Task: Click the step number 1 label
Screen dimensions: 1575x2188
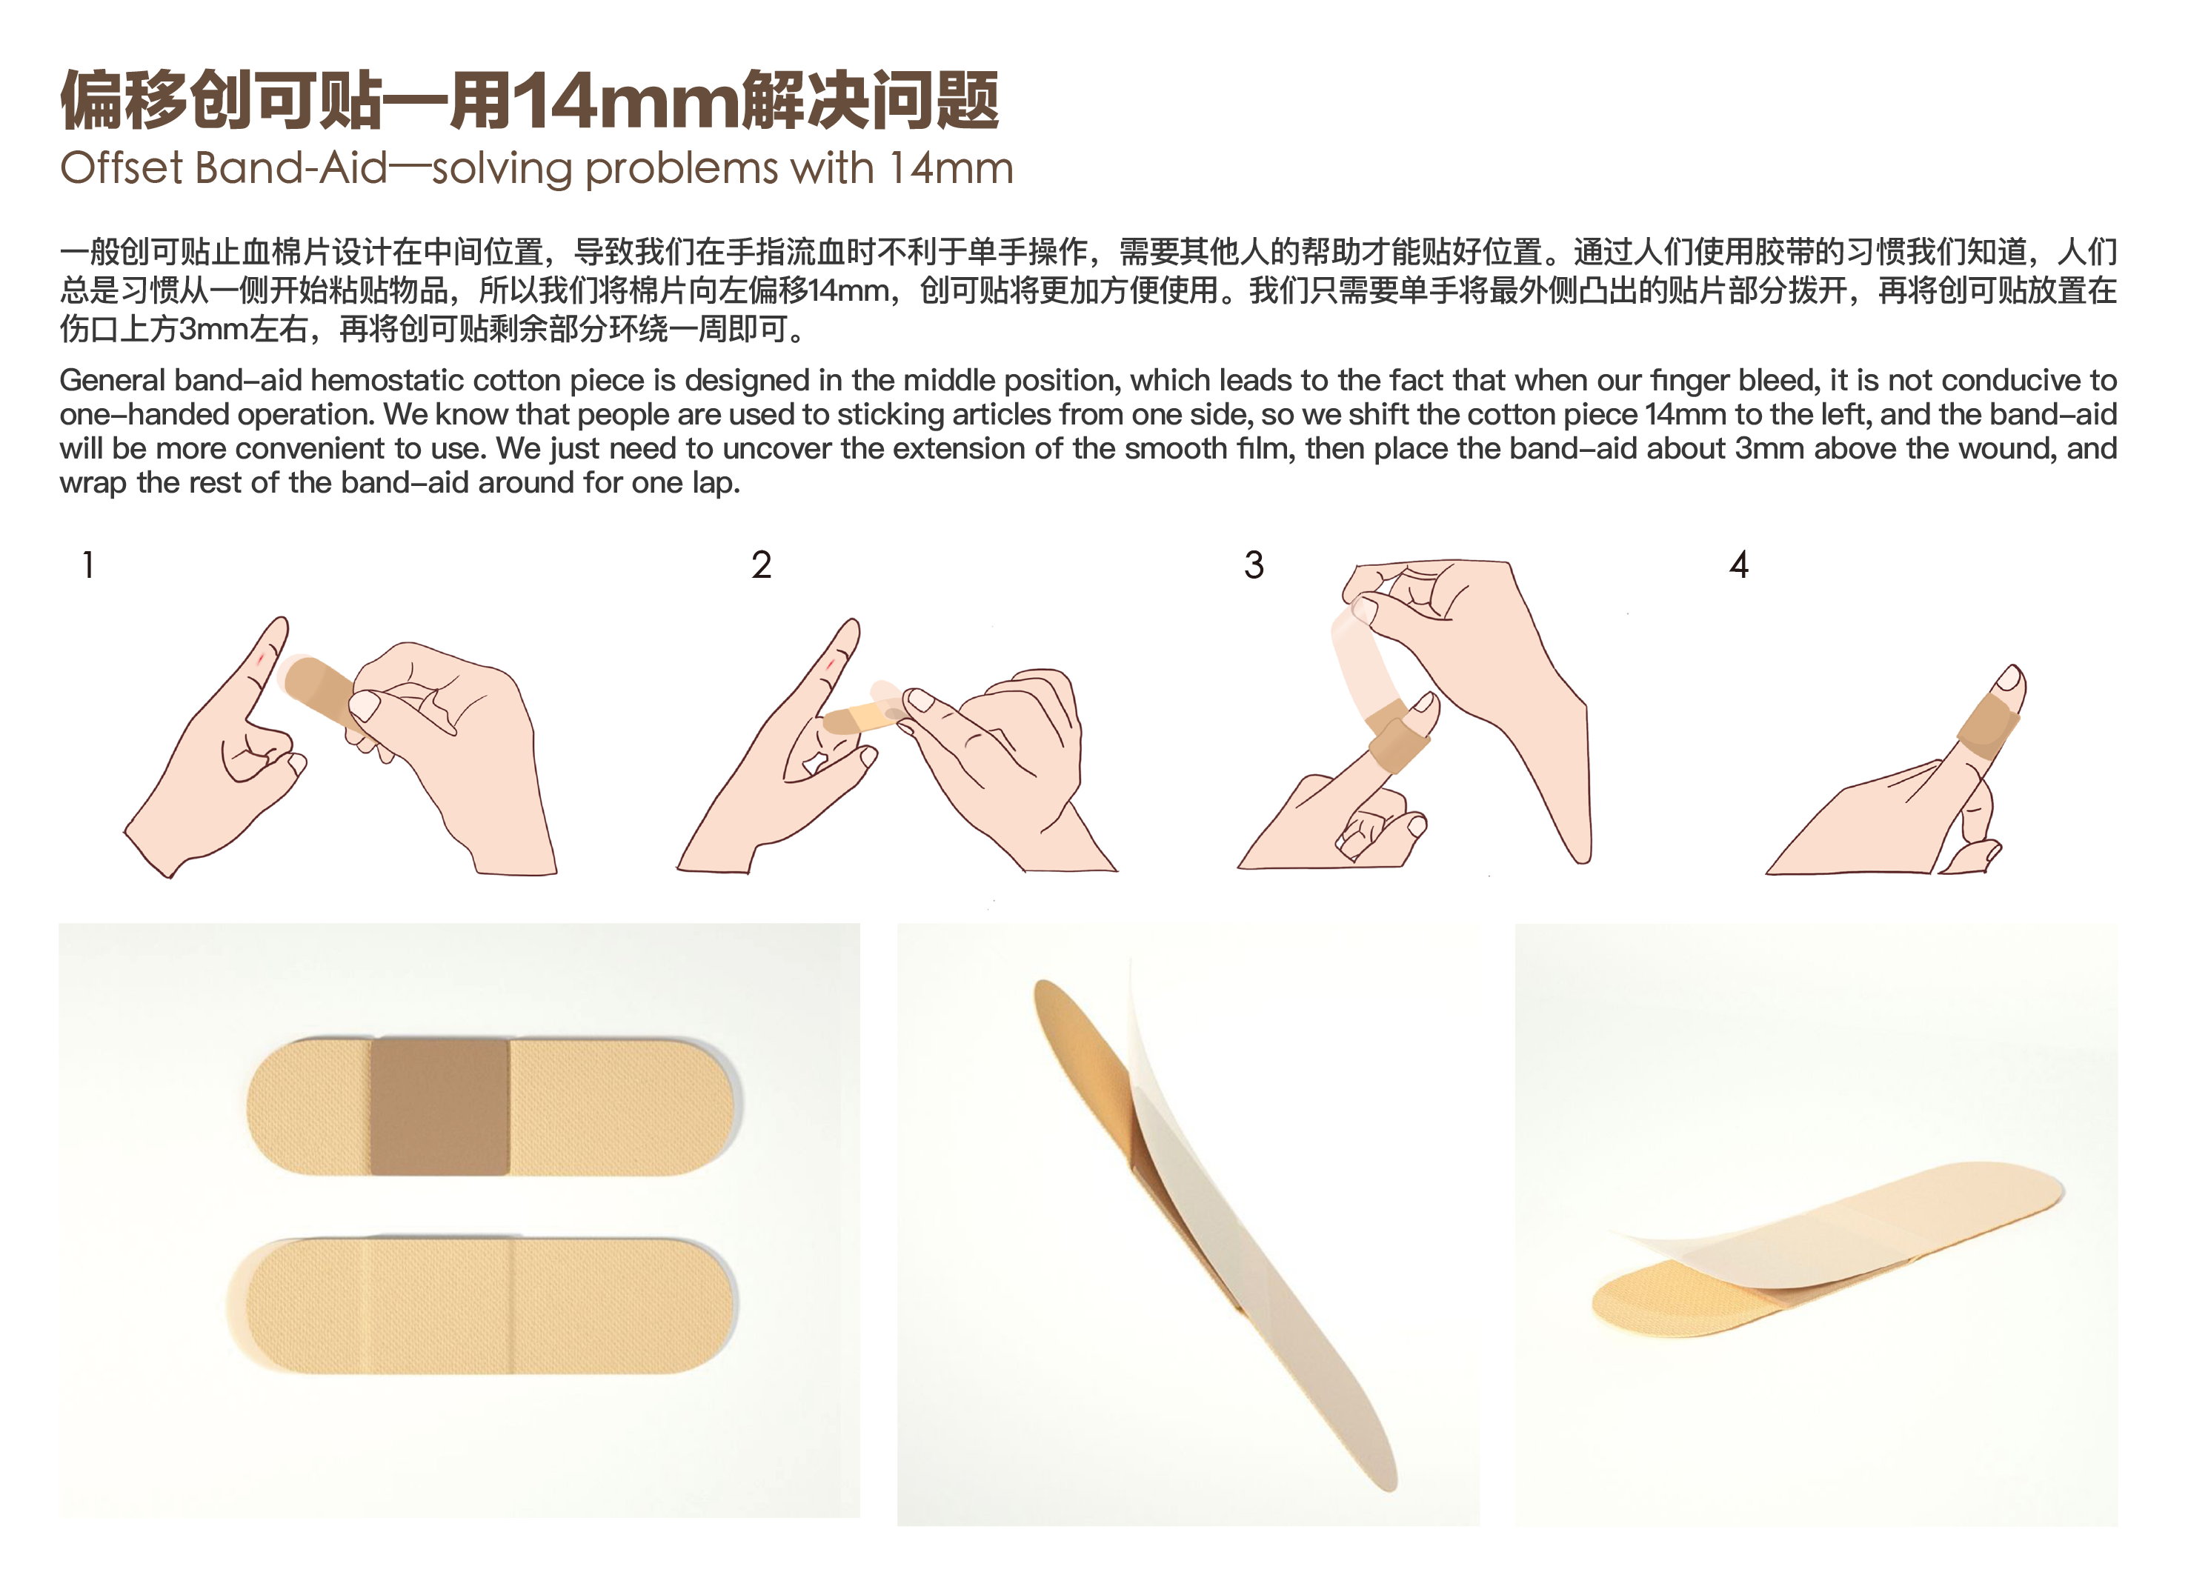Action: pyautogui.click(x=87, y=565)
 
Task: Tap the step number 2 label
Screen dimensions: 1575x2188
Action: pyautogui.click(x=761, y=565)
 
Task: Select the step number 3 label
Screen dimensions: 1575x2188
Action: pyautogui.click(x=1253, y=565)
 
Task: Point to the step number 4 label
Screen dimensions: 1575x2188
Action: pyautogui.click(x=1738, y=565)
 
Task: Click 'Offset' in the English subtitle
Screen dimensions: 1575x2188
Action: pyautogui.click(x=122, y=169)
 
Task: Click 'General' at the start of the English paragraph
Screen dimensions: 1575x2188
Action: pyautogui.click(x=112, y=381)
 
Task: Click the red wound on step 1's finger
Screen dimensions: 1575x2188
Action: pyautogui.click(x=261, y=659)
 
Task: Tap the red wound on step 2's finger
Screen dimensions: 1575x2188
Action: pyautogui.click(x=831, y=665)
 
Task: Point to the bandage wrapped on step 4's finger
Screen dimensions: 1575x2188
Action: pyautogui.click(x=1987, y=725)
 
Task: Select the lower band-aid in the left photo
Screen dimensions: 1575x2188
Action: pyautogui.click(x=482, y=1306)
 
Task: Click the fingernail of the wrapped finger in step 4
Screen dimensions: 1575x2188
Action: pyautogui.click(x=2010, y=681)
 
